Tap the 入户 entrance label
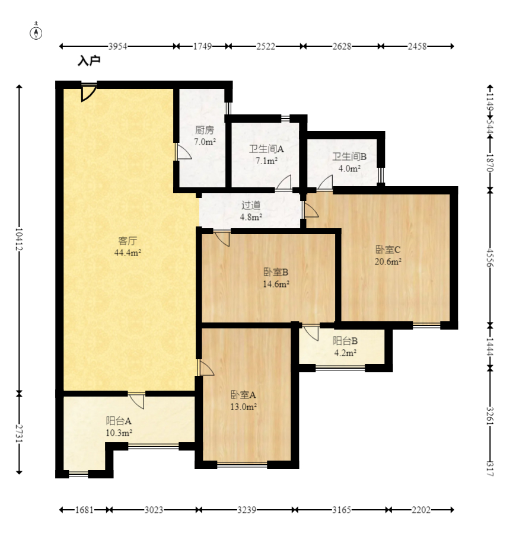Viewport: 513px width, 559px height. point(89,60)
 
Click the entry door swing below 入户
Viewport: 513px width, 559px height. point(88,92)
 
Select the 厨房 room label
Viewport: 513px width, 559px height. point(205,130)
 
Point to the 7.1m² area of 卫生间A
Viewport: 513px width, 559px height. point(266,161)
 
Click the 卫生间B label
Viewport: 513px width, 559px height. point(349,156)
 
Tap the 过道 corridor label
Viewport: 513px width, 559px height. point(251,205)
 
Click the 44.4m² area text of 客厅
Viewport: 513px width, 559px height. point(128,253)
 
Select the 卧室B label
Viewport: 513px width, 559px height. point(276,272)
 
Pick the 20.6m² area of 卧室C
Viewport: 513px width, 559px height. point(388,261)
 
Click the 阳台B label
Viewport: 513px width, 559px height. point(345,341)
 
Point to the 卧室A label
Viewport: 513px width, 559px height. point(244,395)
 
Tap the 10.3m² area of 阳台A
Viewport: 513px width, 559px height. point(119,433)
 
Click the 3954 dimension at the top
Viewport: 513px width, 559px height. point(118,46)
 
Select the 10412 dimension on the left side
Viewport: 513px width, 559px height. point(19,239)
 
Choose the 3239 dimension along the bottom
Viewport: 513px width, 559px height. point(247,510)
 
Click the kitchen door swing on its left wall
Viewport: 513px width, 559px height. point(184,152)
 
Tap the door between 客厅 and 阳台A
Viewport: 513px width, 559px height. point(137,400)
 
